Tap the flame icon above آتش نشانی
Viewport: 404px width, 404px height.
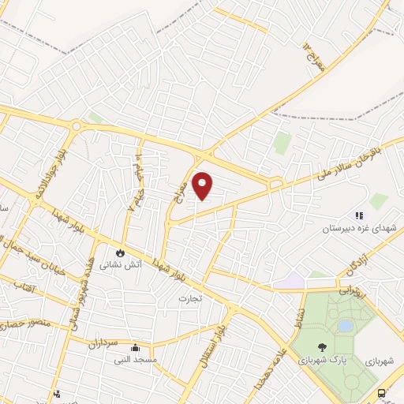tap(120, 253)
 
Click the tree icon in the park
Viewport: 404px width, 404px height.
tap(322, 347)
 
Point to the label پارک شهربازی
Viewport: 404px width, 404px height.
tap(322, 360)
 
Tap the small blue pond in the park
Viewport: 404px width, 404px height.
tap(346, 325)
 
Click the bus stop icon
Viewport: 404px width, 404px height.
tap(382, 392)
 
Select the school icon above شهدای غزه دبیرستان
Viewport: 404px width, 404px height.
tap(358, 215)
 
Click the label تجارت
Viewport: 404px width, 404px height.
tap(190, 298)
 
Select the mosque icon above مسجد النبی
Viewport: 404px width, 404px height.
tap(135, 347)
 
